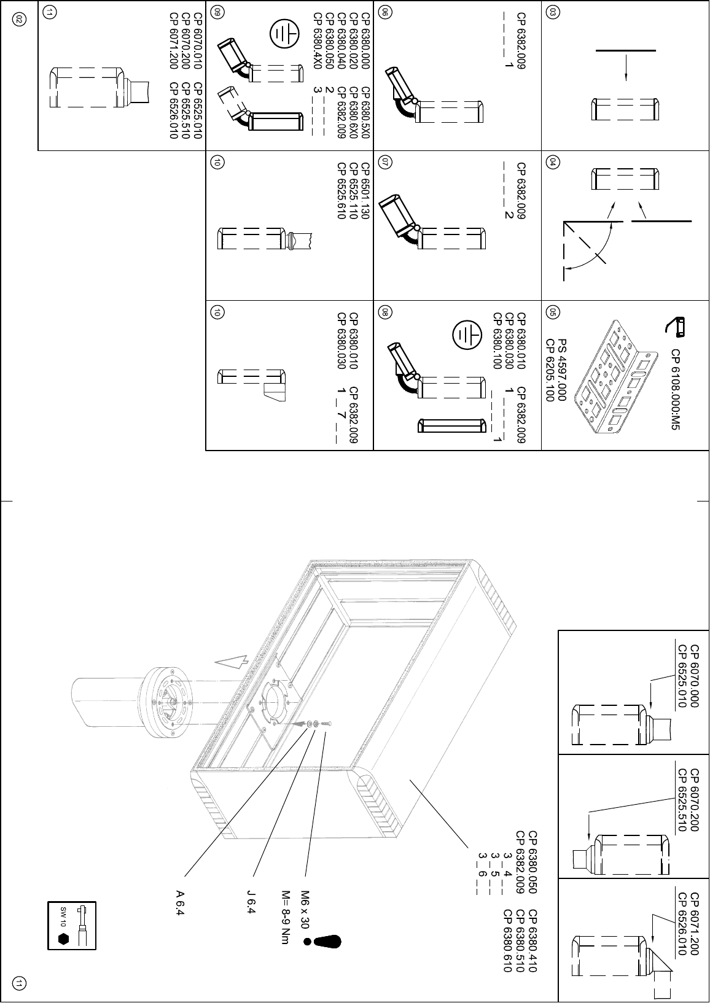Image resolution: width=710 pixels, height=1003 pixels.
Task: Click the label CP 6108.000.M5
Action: click(676, 389)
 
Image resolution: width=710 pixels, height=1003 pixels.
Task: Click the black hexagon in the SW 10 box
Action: click(63, 939)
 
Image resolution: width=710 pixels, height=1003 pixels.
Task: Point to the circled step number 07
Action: click(384, 162)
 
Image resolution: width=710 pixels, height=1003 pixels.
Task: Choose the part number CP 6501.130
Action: click(365, 191)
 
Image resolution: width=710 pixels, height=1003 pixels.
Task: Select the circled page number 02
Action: click(19, 20)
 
